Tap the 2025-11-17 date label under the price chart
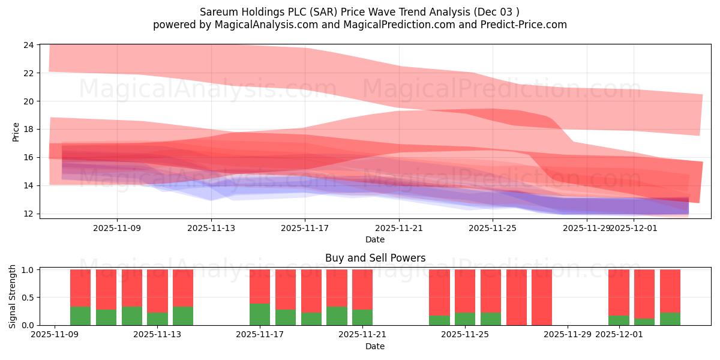click(x=305, y=228)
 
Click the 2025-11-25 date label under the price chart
click(x=493, y=228)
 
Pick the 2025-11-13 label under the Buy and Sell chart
click(x=157, y=335)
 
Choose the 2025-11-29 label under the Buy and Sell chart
click(x=568, y=335)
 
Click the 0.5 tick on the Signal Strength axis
click(x=28, y=298)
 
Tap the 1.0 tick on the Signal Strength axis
click(x=28, y=270)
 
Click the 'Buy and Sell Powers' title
click(x=375, y=258)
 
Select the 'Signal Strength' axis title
click(x=13, y=297)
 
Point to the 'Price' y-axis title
click(x=16, y=132)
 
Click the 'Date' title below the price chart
click(x=375, y=239)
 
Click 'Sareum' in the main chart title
click(x=217, y=11)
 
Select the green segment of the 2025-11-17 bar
click(x=260, y=314)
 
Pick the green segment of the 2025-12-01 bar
click(x=619, y=320)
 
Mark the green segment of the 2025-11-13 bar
click(x=157, y=319)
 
